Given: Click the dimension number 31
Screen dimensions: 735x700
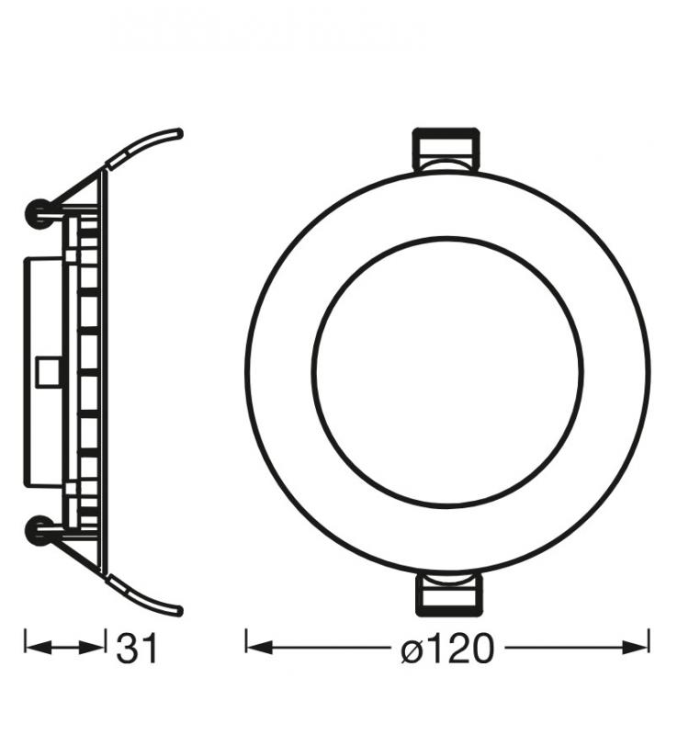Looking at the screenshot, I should (137, 650).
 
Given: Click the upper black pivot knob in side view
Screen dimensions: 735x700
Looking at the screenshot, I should (39, 213).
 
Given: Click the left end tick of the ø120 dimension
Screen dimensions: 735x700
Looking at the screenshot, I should (246, 641).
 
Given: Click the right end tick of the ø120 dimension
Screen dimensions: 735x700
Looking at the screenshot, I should (649, 641).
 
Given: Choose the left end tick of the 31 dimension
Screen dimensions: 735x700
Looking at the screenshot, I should (25, 641).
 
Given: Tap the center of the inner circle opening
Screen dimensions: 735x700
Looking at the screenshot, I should (447, 372).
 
